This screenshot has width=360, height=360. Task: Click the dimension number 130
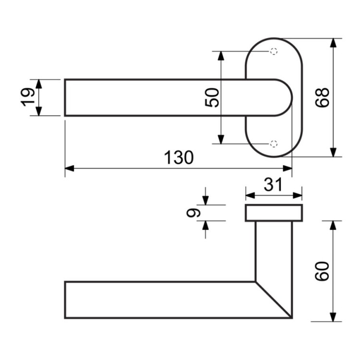pyautogui.click(x=179, y=157)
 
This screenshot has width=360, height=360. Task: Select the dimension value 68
pyautogui.click(x=322, y=97)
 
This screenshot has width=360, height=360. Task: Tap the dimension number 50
pyautogui.click(x=212, y=97)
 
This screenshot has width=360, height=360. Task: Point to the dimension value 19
pyautogui.click(x=27, y=97)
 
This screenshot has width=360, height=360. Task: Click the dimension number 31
pyautogui.click(x=273, y=185)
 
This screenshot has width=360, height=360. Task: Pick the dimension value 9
pyautogui.click(x=193, y=213)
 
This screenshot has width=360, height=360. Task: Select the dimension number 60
pyautogui.click(x=322, y=271)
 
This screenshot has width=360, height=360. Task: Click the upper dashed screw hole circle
pyautogui.click(x=274, y=51)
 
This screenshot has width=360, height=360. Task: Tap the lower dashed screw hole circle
pyautogui.click(x=274, y=144)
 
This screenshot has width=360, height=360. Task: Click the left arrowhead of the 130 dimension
pyautogui.click(x=70, y=168)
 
